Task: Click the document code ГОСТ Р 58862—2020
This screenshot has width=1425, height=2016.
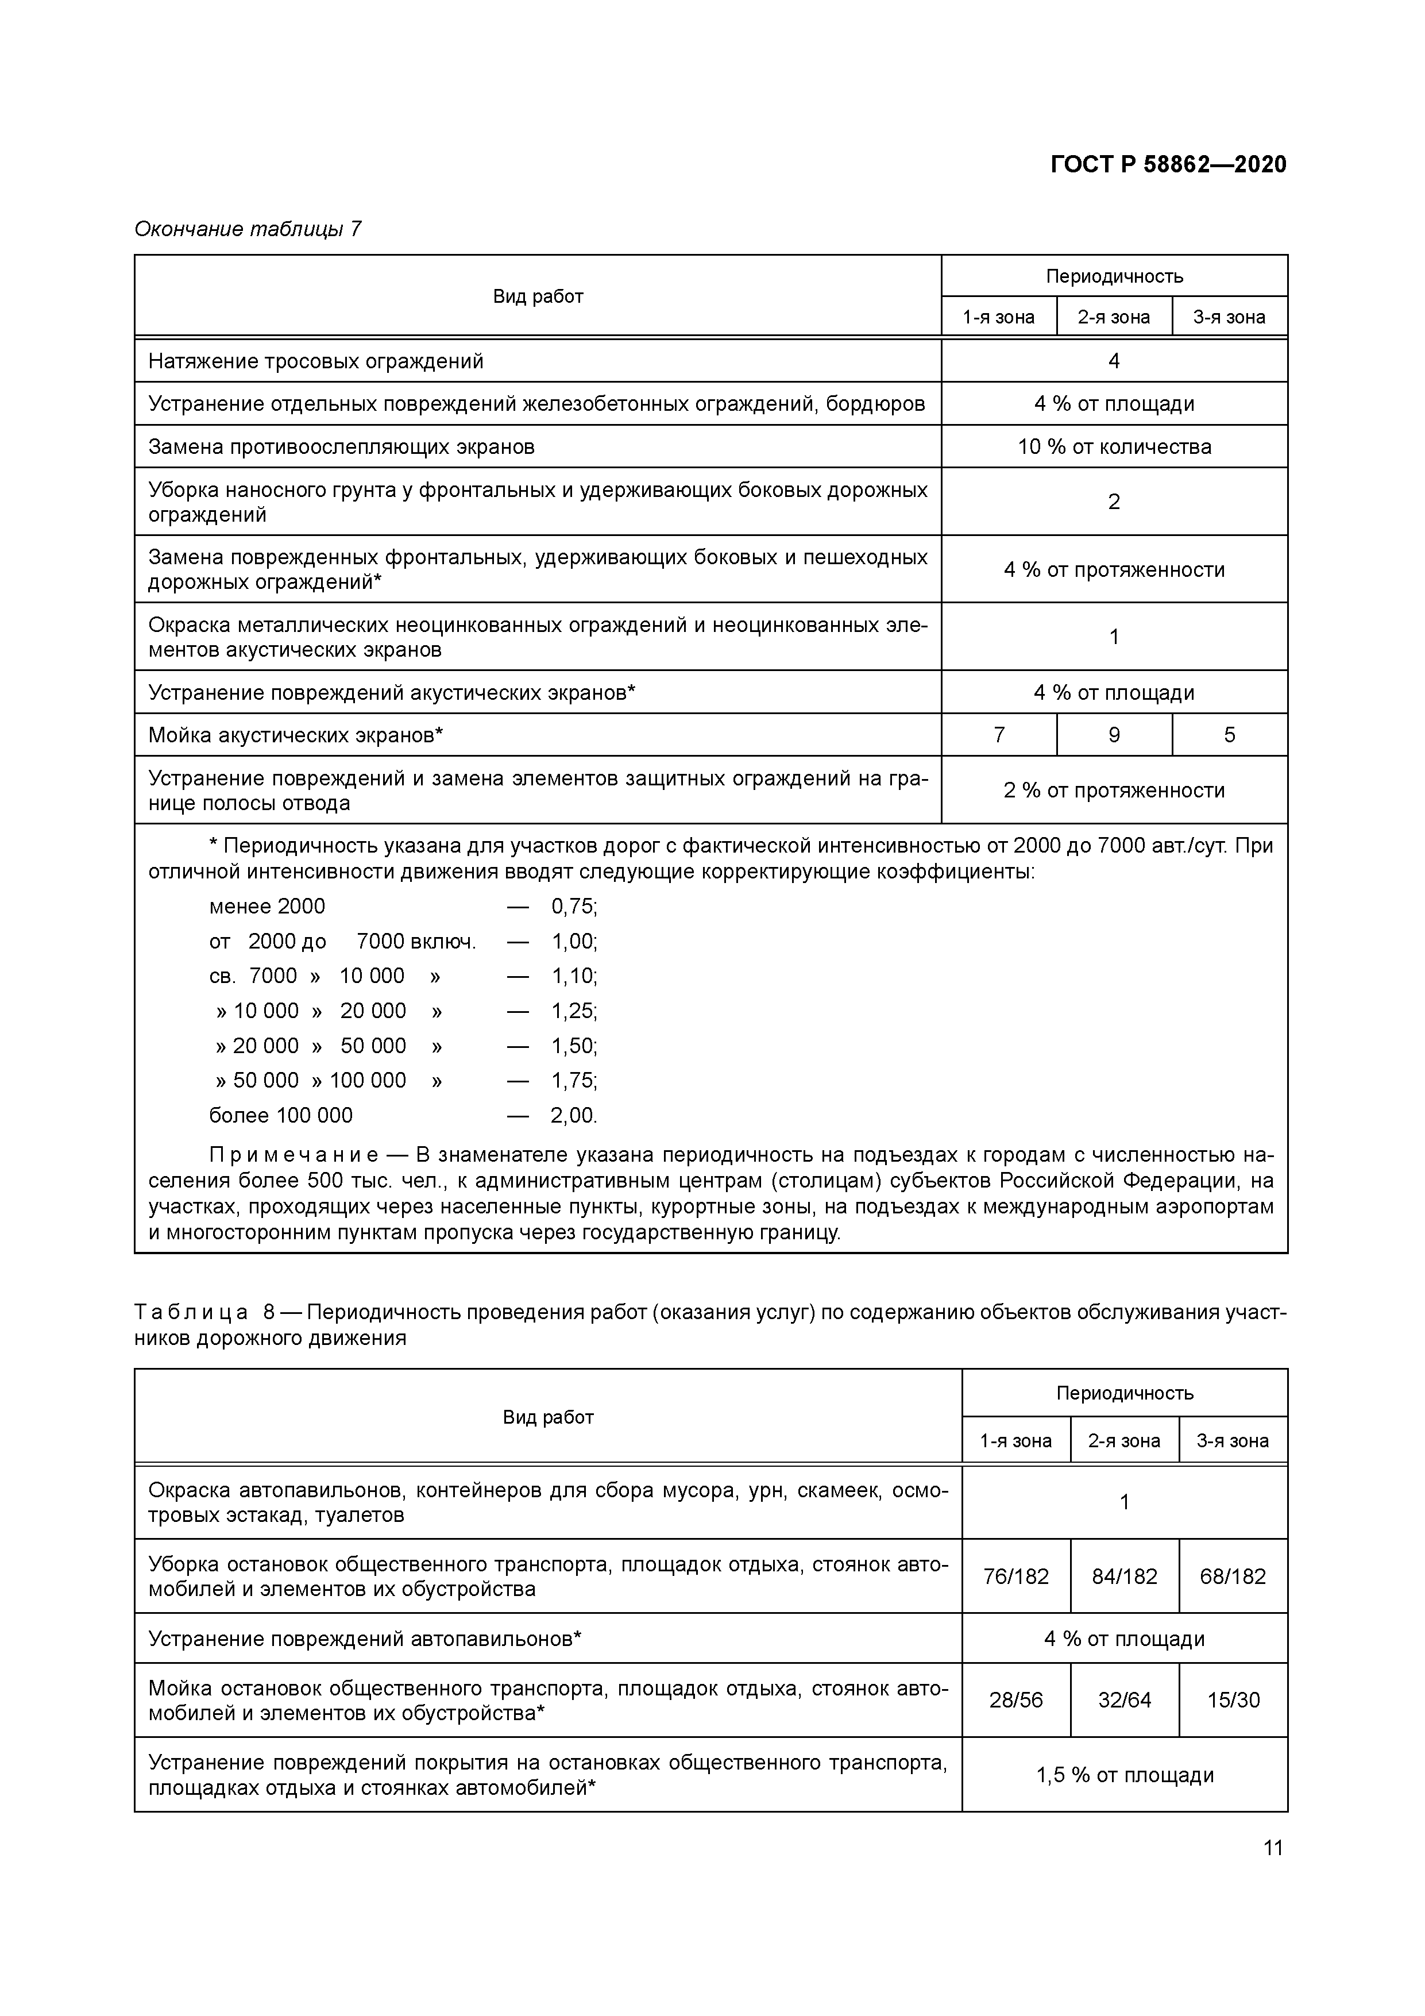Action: click(1168, 164)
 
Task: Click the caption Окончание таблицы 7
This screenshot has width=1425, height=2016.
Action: click(247, 229)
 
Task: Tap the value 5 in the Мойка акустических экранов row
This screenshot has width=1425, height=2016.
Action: click(1229, 735)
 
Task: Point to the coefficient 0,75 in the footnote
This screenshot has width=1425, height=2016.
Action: click(573, 906)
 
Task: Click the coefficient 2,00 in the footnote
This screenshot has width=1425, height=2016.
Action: click(573, 1115)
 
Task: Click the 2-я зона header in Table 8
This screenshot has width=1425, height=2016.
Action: click(1124, 1441)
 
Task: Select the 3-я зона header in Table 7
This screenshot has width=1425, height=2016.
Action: click(1229, 317)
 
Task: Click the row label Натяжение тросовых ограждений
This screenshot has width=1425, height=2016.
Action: click(316, 361)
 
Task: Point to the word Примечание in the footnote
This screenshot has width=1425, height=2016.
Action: click(294, 1155)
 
